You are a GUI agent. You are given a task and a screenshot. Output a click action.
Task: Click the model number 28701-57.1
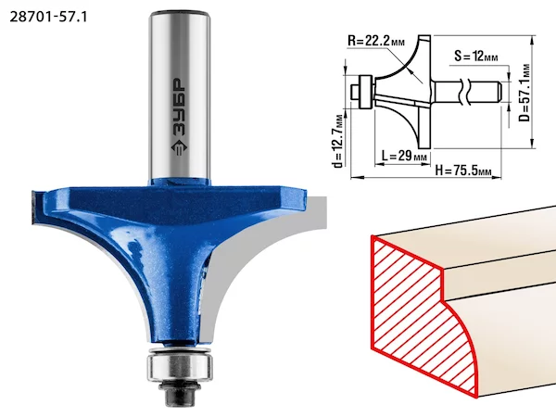tap(48, 17)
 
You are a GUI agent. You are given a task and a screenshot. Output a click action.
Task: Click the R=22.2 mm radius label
tap(376, 41)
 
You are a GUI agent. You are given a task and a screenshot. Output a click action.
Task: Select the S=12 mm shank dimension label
tap(476, 56)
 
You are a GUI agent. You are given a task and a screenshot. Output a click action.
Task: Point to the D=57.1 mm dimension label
tap(524, 93)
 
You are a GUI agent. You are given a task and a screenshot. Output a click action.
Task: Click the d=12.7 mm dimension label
tap(338, 141)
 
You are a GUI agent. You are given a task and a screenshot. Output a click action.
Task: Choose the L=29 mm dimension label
tap(404, 156)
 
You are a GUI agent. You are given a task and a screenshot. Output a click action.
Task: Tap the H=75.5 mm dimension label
tap(463, 171)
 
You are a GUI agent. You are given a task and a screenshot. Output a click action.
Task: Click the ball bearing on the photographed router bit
tap(180, 367)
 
